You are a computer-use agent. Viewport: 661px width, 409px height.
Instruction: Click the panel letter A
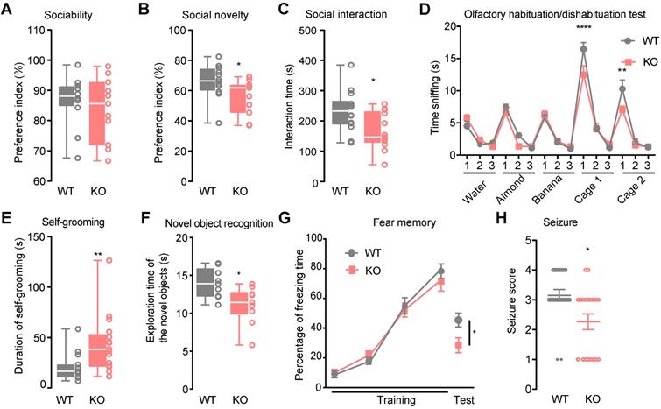[8, 10]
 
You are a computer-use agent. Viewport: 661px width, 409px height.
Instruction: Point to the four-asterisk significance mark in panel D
[582, 30]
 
